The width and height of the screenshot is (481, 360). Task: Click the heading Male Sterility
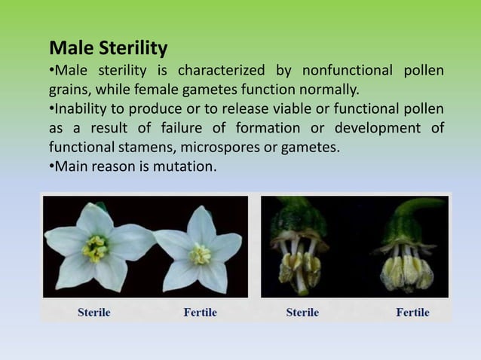[x=108, y=49]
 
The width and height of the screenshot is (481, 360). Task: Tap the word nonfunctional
[x=345, y=71]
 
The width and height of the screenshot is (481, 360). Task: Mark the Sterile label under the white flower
[x=94, y=312]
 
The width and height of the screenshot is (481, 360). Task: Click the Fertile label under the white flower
[x=200, y=312]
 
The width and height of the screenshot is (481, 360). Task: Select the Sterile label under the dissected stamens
[x=302, y=312]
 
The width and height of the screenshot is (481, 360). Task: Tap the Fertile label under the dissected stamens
[x=412, y=312]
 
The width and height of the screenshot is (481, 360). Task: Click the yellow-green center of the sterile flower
[x=96, y=248]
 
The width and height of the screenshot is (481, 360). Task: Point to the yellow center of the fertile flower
[x=200, y=254]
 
